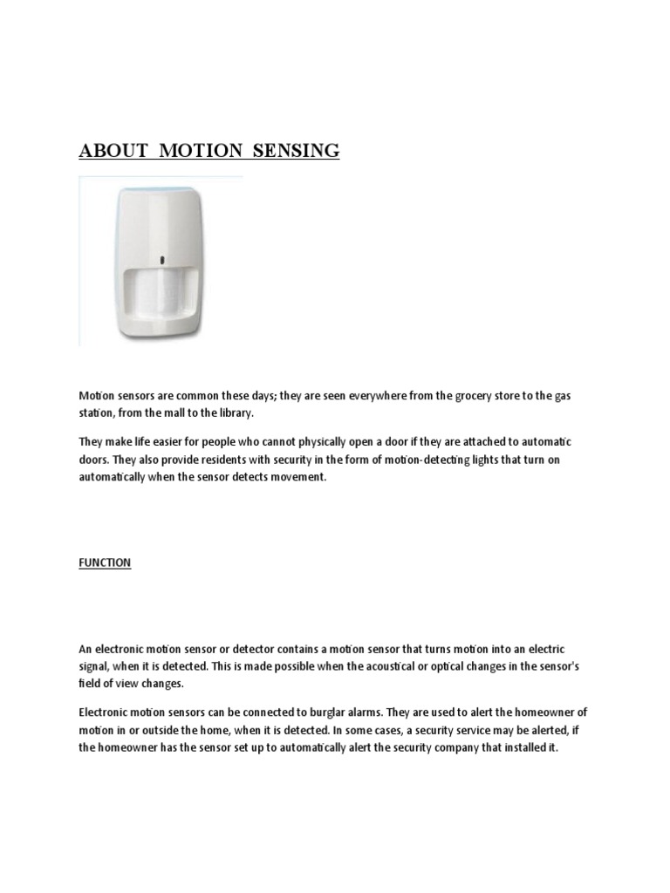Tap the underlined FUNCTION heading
pyautogui.click(x=105, y=562)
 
